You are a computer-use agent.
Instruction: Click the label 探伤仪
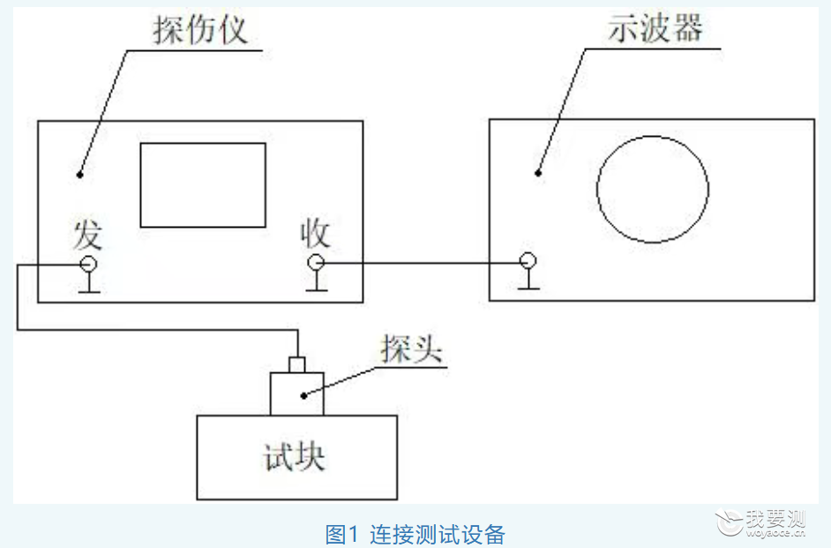coord(200,28)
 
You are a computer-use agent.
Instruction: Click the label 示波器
coord(655,27)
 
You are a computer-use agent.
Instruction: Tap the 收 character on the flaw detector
coord(315,233)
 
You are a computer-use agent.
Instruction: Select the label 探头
coord(411,349)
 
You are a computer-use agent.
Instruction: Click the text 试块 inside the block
coord(294,457)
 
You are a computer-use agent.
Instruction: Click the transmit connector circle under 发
coord(88,264)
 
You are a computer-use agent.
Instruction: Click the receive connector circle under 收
coord(316,262)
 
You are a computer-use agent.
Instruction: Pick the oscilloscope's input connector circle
coord(528,260)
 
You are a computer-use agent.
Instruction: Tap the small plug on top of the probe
coord(296,364)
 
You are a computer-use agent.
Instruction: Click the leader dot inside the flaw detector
coord(80,175)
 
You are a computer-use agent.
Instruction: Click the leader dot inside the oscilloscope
coord(538,173)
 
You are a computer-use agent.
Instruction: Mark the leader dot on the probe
coord(303,395)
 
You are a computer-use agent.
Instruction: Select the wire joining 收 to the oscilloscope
coord(422,262)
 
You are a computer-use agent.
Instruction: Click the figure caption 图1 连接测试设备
coord(415,534)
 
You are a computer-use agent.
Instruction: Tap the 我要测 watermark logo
coord(760,522)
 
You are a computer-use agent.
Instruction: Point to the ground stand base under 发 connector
coord(89,291)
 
